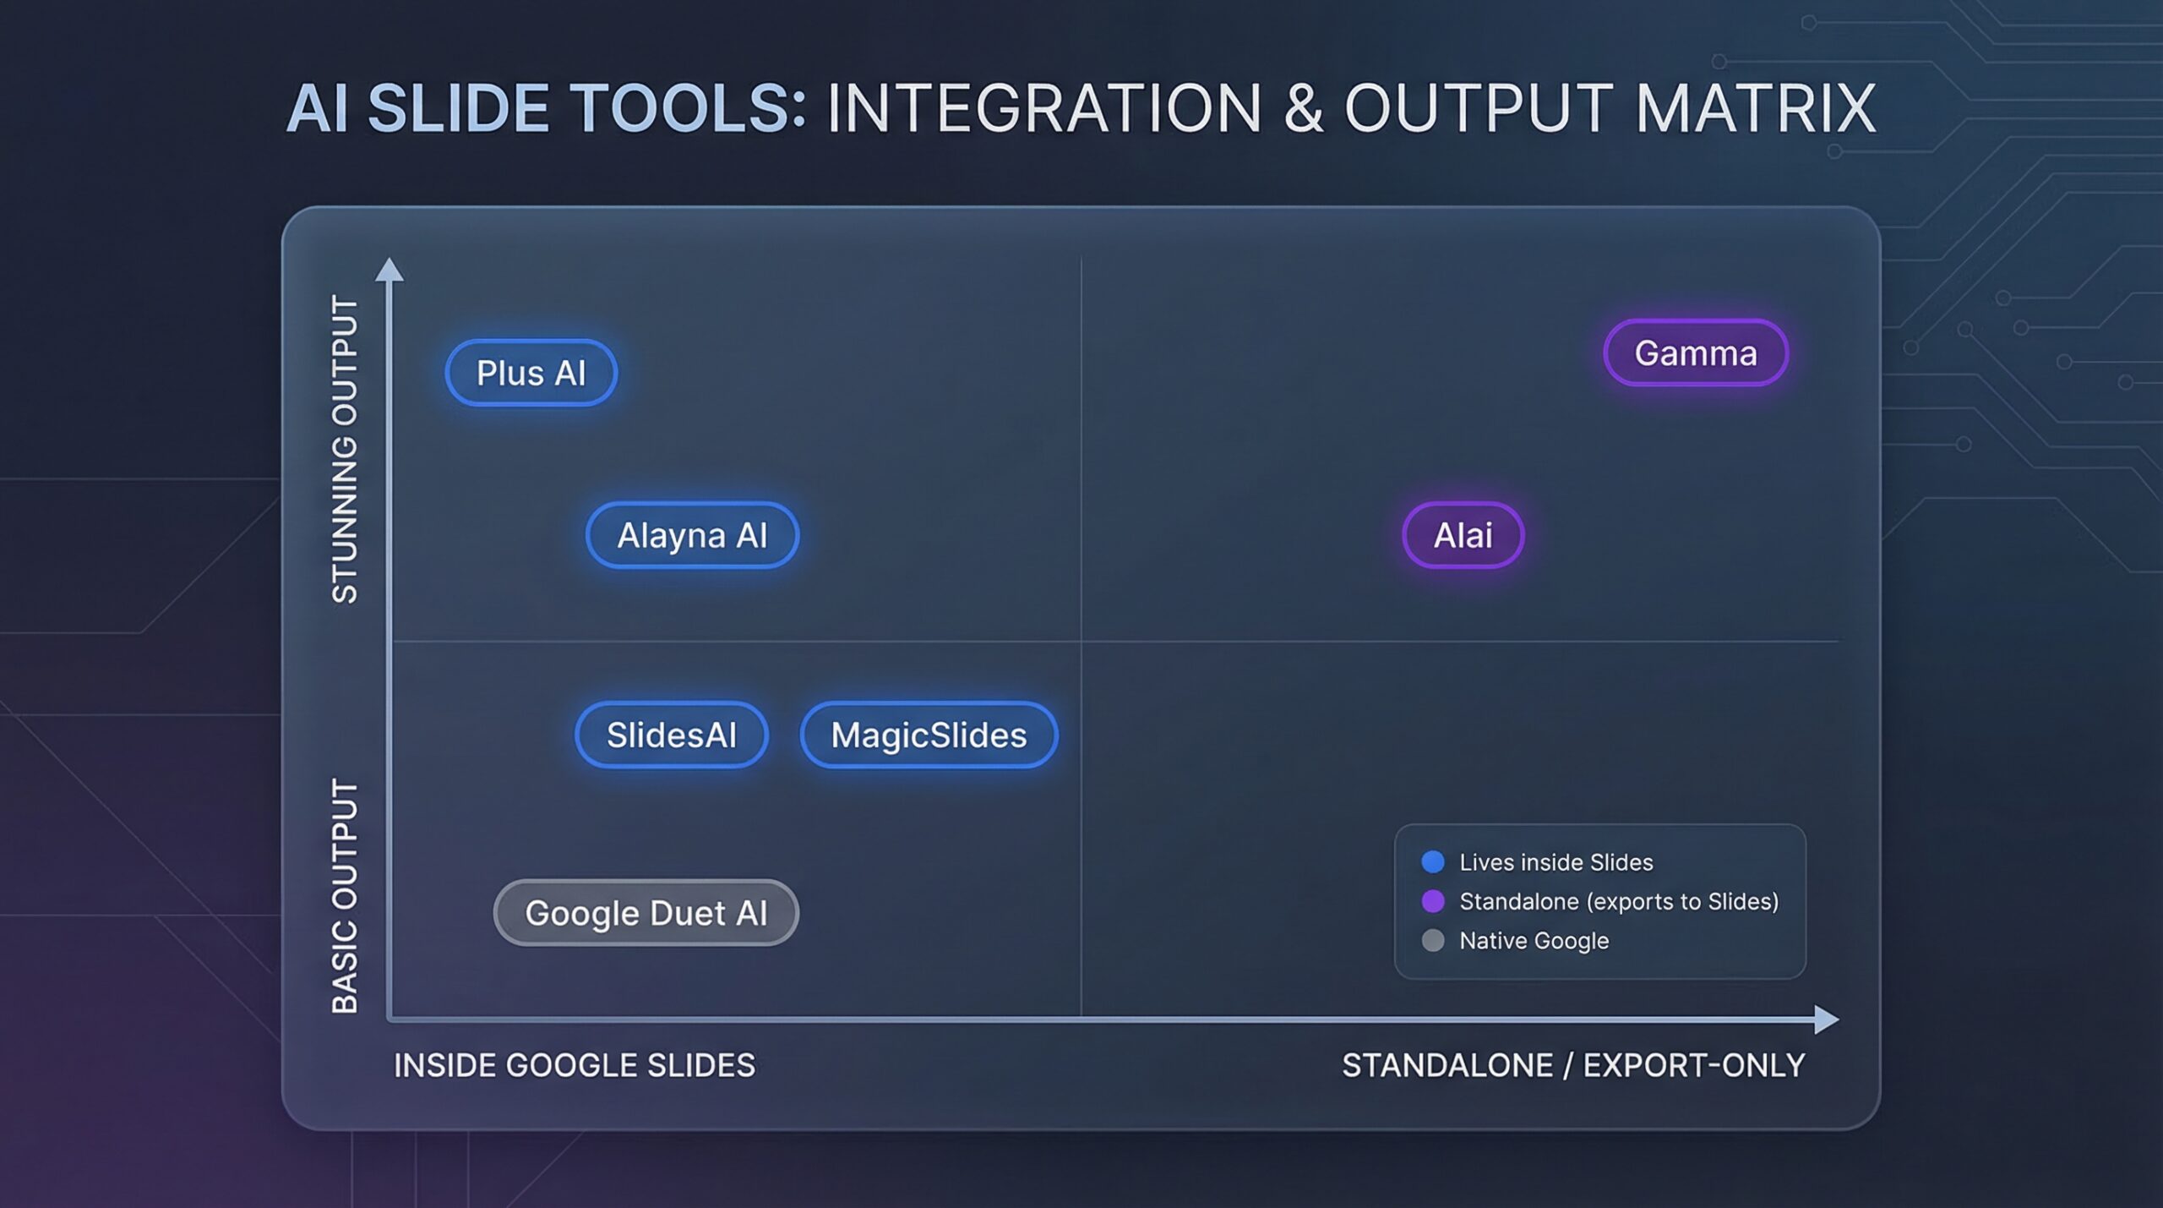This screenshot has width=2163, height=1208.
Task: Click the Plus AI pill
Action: (531, 373)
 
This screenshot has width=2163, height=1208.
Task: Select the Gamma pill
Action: (1696, 353)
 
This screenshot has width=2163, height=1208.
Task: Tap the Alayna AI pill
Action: (692, 535)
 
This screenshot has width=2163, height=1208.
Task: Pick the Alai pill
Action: (1463, 535)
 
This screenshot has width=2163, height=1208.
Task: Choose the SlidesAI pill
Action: (672, 735)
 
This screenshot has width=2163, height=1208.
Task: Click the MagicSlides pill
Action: (929, 735)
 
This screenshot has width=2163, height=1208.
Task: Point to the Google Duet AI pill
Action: (646, 913)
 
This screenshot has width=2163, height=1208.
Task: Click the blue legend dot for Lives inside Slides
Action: (1433, 861)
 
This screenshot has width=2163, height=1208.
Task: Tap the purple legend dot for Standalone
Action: (1433, 901)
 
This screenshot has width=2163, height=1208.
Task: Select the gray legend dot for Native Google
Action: (1433, 940)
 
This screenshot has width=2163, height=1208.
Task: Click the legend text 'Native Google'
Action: (1534, 941)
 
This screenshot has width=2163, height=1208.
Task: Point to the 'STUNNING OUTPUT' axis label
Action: (345, 449)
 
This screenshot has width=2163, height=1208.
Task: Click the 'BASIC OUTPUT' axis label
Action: (345, 896)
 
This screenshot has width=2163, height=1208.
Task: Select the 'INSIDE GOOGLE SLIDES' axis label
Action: (575, 1065)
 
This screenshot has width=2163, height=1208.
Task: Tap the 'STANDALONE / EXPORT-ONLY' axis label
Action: (1573, 1065)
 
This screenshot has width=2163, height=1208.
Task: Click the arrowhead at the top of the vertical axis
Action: (389, 269)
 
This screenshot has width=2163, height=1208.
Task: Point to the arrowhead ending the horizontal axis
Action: (1827, 1019)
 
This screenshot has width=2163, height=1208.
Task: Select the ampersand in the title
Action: (1304, 108)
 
